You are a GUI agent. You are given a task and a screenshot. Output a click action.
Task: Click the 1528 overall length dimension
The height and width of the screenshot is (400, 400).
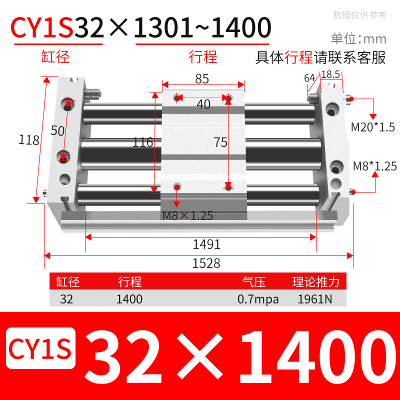[x=206, y=263]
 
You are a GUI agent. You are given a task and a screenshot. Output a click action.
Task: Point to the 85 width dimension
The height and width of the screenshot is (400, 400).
[x=201, y=79]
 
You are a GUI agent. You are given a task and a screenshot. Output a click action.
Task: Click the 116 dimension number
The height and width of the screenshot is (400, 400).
[x=142, y=142]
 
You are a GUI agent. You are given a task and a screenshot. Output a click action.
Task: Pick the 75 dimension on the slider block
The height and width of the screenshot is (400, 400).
[x=220, y=142]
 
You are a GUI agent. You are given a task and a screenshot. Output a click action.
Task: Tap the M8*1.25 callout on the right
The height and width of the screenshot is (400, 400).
[x=374, y=166]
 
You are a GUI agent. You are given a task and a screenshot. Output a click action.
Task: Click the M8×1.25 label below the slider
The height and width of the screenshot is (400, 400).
[x=187, y=216]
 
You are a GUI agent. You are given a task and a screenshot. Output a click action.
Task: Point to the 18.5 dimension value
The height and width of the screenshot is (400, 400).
[x=330, y=74]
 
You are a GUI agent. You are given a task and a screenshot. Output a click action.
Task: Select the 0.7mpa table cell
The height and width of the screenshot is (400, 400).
[x=258, y=299]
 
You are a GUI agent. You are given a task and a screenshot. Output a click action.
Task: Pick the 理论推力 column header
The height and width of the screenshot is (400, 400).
[x=315, y=282]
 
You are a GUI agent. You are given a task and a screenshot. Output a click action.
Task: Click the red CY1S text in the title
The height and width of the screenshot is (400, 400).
[x=42, y=28]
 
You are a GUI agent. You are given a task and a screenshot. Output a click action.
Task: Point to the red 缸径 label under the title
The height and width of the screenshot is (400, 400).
[x=55, y=57]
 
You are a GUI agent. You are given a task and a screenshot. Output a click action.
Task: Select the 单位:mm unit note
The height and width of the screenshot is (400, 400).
[x=358, y=38]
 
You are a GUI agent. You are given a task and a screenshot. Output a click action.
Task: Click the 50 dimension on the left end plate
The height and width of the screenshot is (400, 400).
[x=58, y=130]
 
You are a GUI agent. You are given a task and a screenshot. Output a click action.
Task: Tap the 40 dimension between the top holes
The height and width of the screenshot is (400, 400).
[x=203, y=104]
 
